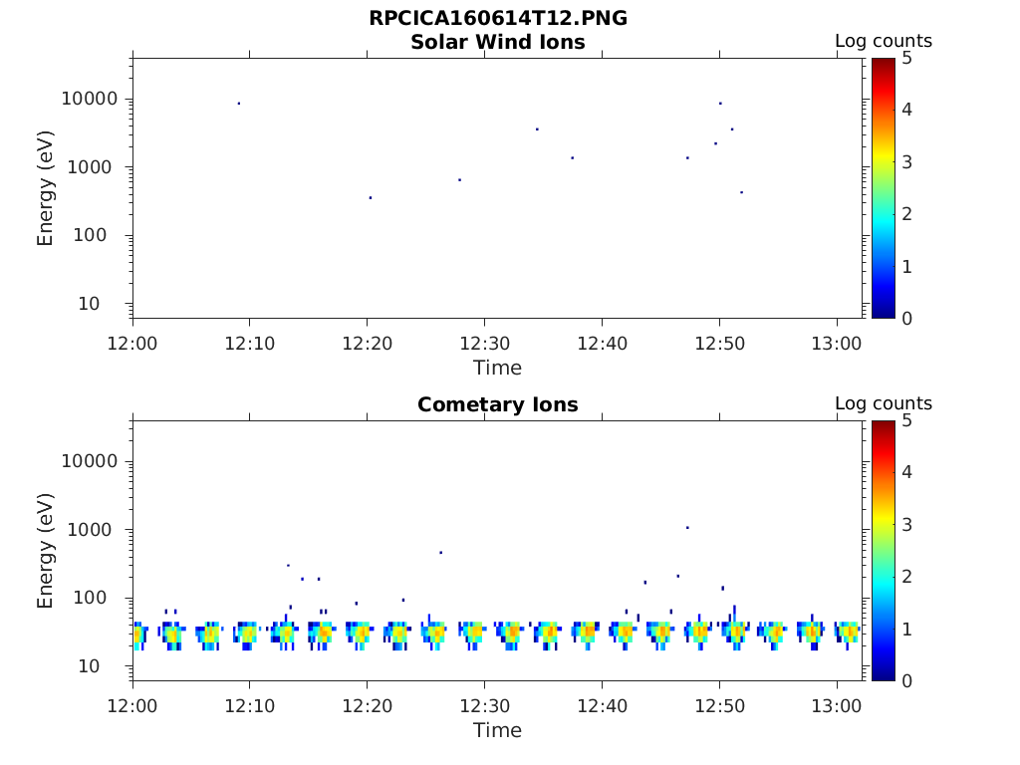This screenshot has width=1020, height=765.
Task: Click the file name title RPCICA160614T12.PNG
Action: click(498, 19)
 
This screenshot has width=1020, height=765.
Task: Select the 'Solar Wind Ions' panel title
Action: click(498, 43)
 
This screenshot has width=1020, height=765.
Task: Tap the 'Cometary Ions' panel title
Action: click(498, 405)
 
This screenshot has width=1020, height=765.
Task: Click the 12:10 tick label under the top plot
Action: click(250, 344)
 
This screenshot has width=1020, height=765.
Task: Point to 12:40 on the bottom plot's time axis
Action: click(602, 706)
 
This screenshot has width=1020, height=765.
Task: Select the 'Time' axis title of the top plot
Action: click(498, 368)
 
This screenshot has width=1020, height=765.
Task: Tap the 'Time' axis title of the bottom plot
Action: click(498, 730)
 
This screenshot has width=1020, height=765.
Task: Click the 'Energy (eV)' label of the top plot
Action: click(46, 188)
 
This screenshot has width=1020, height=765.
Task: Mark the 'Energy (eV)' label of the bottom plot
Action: click(46, 551)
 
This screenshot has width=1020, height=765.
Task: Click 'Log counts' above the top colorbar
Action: click(884, 42)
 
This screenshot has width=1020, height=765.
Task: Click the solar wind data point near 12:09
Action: click(239, 104)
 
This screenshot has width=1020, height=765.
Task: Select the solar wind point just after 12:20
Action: click(371, 197)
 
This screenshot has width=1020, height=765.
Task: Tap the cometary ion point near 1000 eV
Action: click(687, 527)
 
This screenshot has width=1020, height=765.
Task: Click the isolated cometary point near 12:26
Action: click(440, 552)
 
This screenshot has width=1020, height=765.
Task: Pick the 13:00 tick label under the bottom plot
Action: click(837, 706)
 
